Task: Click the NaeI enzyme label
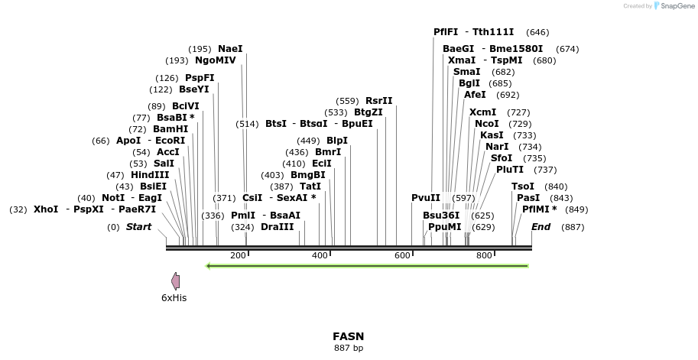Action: pos(230,49)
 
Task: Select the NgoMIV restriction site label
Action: pos(216,60)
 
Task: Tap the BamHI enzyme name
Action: pos(170,129)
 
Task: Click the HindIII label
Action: pos(150,174)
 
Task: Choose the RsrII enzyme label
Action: pos(379,101)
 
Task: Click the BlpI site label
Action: pos(337,141)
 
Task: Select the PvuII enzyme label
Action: pos(426,197)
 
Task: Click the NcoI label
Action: pos(487,123)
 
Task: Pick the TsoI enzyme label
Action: pos(523,186)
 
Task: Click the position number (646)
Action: pos(537,32)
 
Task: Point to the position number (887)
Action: pos(573,227)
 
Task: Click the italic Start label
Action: pos(138,227)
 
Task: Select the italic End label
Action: pos(541,227)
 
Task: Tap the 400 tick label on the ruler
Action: pos(320,255)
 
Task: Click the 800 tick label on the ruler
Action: pos(484,255)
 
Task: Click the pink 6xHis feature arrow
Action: pos(176,281)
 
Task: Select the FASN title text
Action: pos(349,336)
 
